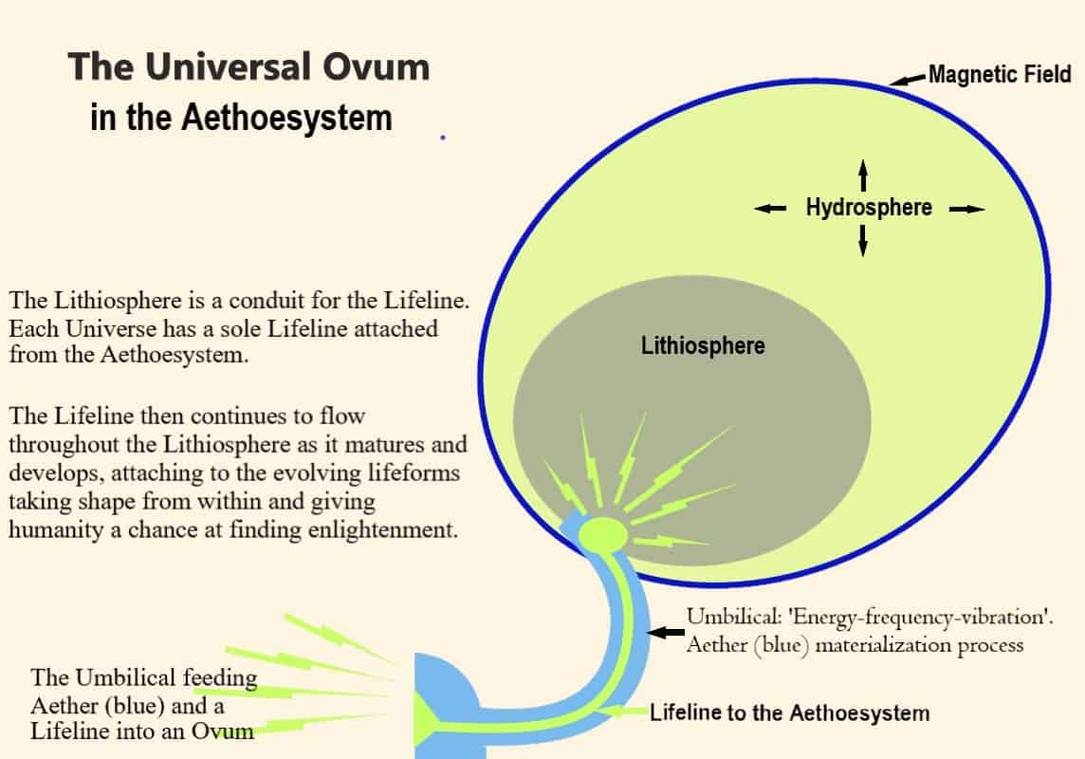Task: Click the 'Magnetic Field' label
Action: pyautogui.click(x=1000, y=74)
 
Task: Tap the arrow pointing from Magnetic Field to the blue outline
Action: pyautogui.click(x=909, y=80)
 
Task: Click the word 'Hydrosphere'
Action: pyautogui.click(x=869, y=207)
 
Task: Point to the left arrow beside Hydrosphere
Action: pyautogui.click(x=770, y=209)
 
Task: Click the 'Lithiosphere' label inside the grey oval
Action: pyautogui.click(x=703, y=344)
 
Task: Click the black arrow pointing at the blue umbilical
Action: pyautogui.click(x=669, y=632)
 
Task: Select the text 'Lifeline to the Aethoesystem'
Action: pyautogui.click(x=790, y=712)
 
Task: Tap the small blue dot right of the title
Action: pyautogui.click(x=443, y=138)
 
